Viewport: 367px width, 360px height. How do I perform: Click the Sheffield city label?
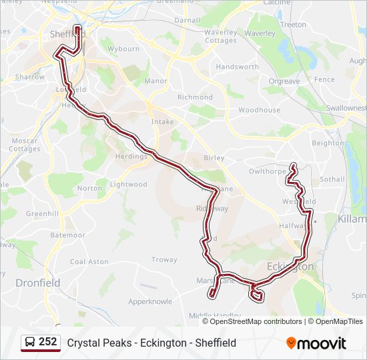(x=64, y=34)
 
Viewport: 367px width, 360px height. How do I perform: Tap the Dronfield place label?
(x=38, y=283)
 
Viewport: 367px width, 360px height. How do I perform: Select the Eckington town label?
(x=290, y=266)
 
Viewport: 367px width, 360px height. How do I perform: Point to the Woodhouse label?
(x=259, y=110)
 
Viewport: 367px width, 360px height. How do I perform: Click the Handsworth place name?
(x=237, y=67)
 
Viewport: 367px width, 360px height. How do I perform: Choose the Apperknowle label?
(x=150, y=301)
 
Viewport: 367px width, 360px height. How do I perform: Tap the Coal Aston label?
(x=89, y=262)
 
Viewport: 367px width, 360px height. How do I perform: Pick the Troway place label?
(x=164, y=259)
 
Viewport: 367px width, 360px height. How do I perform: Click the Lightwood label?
(x=128, y=185)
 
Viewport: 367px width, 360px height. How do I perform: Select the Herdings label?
(x=131, y=157)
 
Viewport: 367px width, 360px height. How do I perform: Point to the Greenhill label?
(x=43, y=214)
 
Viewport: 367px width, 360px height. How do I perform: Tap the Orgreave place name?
(x=284, y=81)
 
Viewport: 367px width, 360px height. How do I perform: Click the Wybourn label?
(x=124, y=49)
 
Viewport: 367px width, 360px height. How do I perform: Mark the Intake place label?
(x=162, y=122)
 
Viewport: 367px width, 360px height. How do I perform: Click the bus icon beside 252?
(x=30, y=342)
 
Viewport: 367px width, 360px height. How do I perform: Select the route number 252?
(x=47, y=342)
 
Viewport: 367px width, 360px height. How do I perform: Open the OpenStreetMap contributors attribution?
(x=256, y=321)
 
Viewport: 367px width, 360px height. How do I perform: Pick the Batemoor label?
(x=67, y=235)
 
